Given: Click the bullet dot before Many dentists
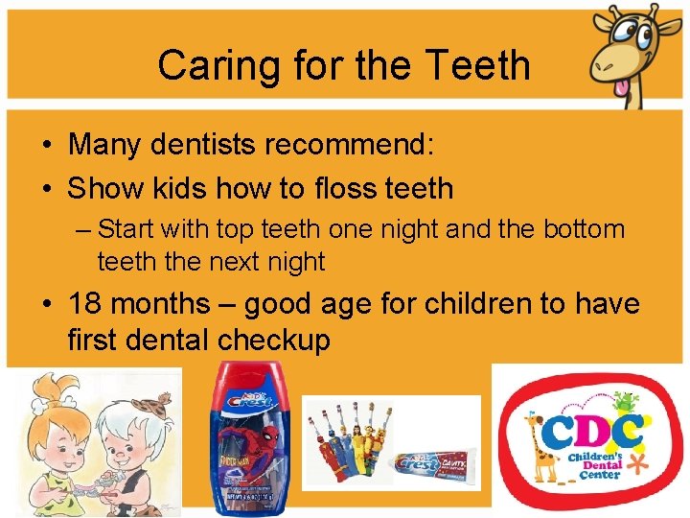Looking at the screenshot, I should point(47,146).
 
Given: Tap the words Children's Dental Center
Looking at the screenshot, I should point(598,464).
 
